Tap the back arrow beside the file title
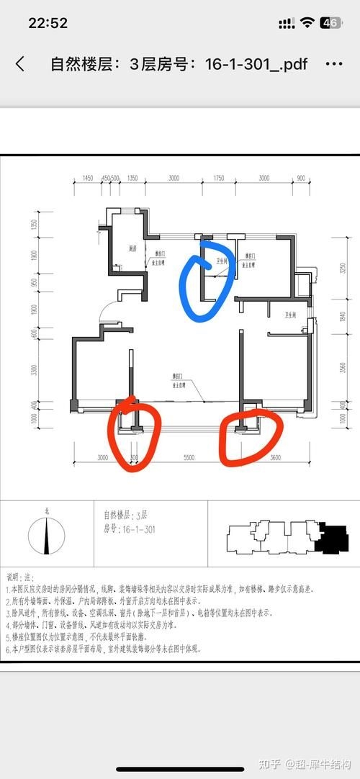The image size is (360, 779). [x=20, y=64]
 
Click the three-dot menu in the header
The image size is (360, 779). [x=334, y=64]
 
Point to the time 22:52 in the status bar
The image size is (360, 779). [x=48, y=23]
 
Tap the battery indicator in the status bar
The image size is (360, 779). [x=330, y=23]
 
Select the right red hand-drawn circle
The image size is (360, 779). [x=248, y=436]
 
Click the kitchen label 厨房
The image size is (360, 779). [x=132, y=248]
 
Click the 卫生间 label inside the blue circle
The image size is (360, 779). [x=222, y=261]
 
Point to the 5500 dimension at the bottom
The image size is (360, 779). [x=189, y=458]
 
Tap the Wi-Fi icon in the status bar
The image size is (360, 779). [x=308, y=23]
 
